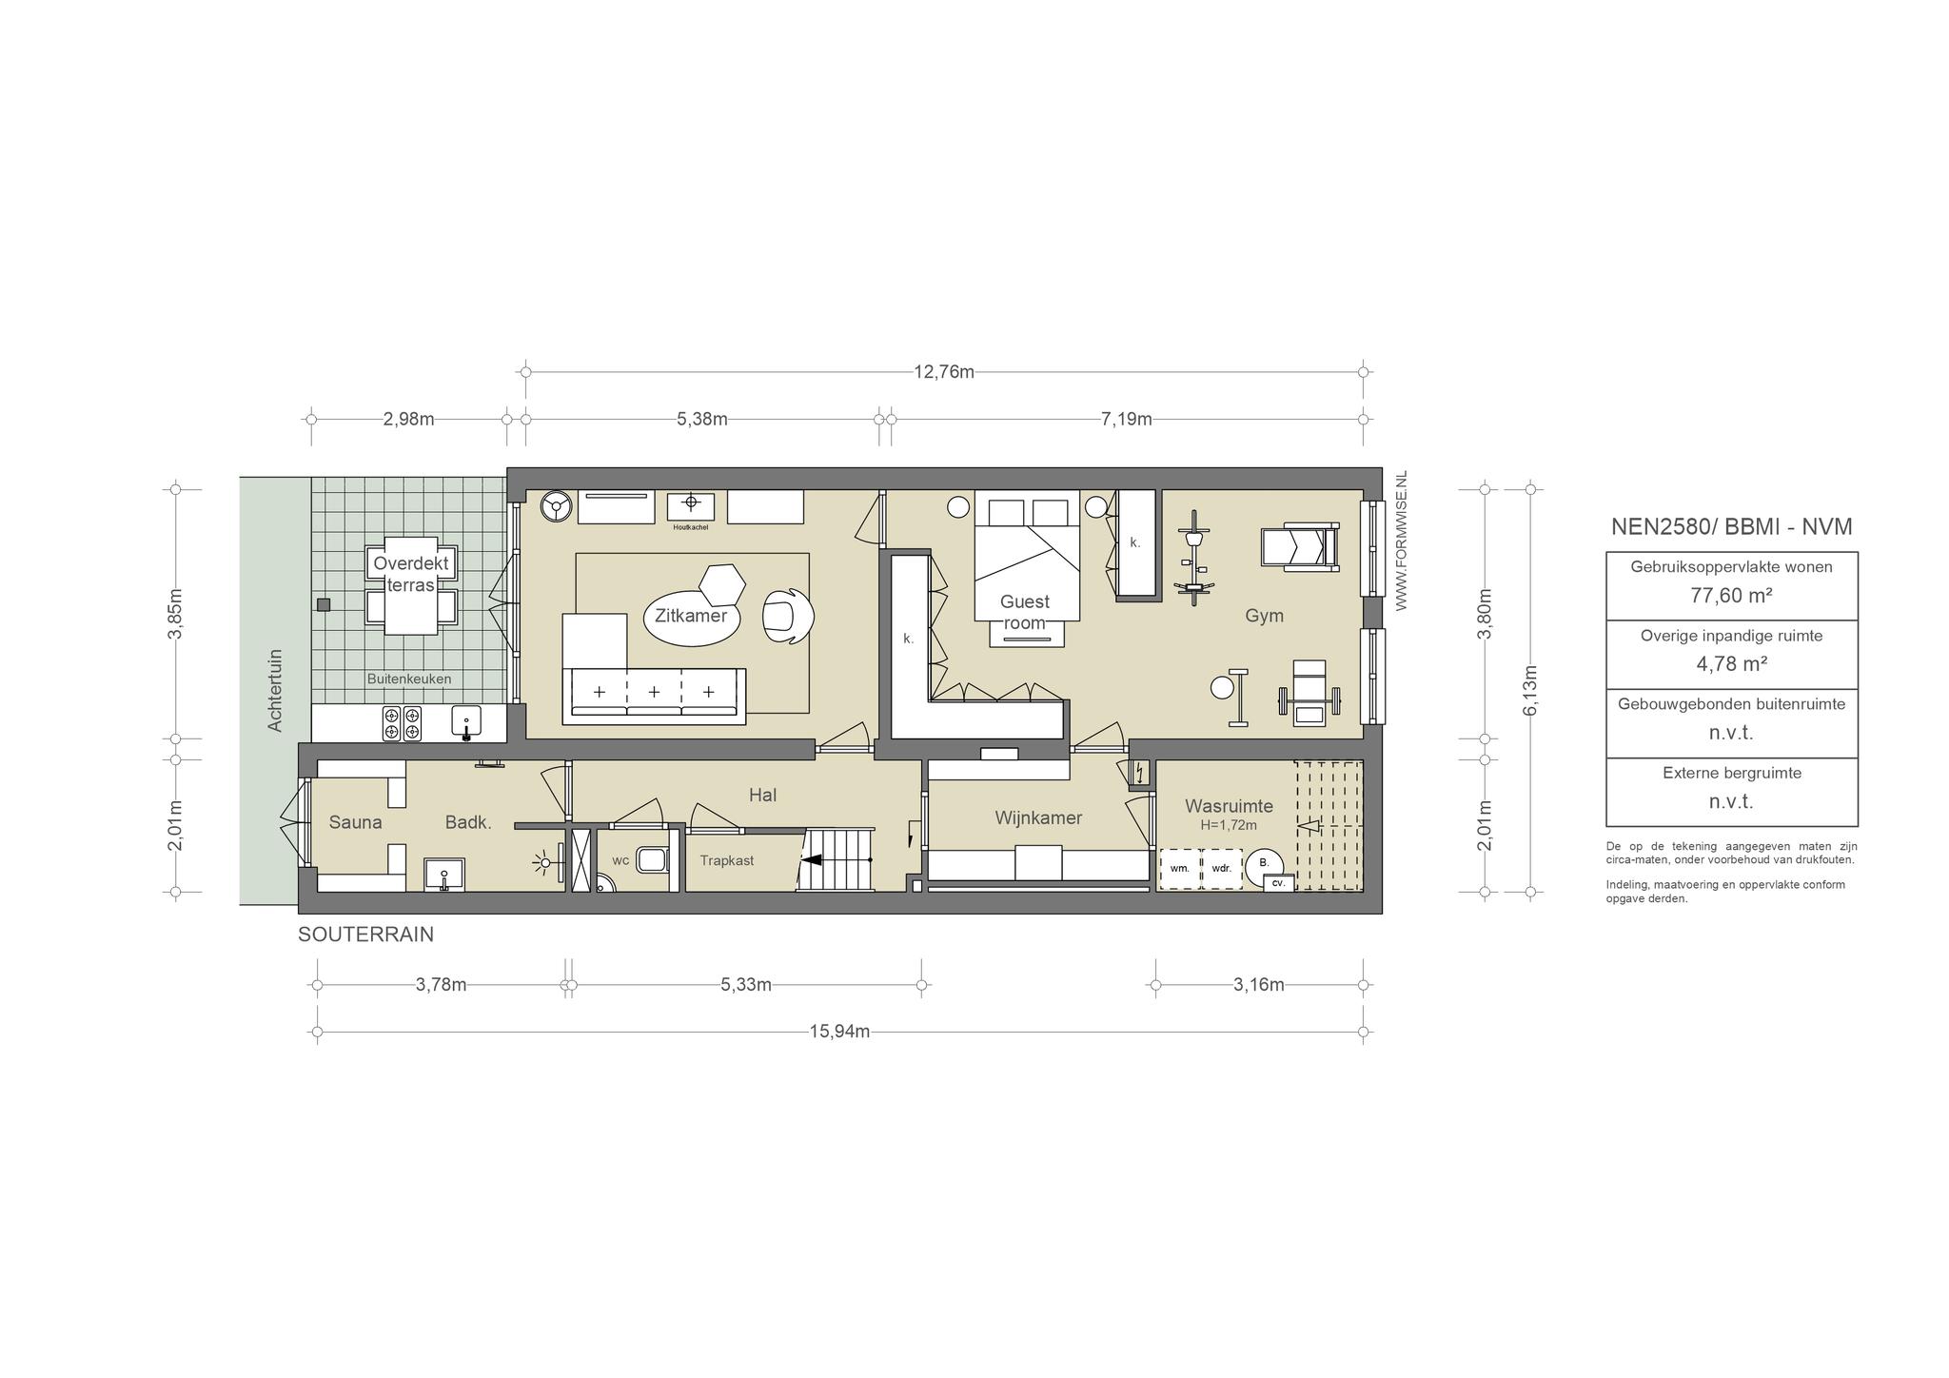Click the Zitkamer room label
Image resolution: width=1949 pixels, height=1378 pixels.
[691, 616]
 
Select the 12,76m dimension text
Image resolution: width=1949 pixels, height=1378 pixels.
[944, 372]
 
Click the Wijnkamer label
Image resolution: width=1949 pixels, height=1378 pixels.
[1038, 818]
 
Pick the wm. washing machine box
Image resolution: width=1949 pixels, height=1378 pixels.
[1180, 869]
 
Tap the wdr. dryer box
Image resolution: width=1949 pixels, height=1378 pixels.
[1222, 869]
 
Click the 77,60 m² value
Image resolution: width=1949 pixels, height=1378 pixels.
[1731, 596]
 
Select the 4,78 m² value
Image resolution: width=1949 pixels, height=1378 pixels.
[1731, 664]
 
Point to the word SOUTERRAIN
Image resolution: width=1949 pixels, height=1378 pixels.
[365, 935]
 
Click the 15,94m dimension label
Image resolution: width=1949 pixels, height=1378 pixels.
[839, 1032]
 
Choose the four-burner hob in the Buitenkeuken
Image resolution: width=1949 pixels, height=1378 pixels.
[402, 723]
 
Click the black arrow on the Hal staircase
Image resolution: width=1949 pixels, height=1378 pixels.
[812, 859]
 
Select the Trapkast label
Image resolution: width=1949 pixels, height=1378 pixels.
[727, 860]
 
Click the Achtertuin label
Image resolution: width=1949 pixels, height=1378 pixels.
[276, 690]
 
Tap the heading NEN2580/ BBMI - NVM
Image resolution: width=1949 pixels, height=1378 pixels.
[1731, 527]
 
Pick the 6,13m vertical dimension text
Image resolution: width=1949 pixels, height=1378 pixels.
[1530, 691]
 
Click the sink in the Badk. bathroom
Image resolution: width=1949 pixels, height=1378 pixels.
[444, 875]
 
